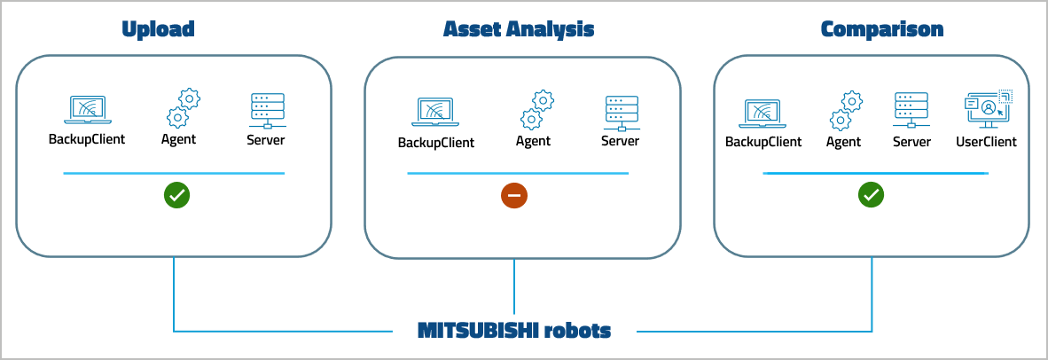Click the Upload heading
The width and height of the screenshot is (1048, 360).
pos(158,29)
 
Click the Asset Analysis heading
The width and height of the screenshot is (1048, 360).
pos(519,29)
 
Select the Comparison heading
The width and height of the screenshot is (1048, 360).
pos(882,29)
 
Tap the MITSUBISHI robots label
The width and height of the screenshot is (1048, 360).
pos(514,331)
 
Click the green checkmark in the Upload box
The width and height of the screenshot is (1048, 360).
pos(176,196)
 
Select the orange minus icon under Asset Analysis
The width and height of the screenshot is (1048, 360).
pos(514,196)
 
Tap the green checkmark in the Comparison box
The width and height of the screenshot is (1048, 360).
pos(871,196)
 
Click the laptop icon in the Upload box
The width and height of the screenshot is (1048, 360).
pos(87,111)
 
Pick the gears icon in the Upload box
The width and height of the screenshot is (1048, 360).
pos(183,108)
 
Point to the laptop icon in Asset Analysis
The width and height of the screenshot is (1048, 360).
pos(435,113)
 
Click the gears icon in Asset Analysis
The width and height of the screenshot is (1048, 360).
pos(536,110)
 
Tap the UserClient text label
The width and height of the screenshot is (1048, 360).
pos(986,142)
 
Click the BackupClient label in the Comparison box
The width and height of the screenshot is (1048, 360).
pos(763,142)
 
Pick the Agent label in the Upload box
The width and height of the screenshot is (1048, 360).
pos(178,139)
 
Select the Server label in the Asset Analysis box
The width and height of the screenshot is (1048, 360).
pos(620,141)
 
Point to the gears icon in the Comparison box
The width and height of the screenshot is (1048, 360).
pos(846,110)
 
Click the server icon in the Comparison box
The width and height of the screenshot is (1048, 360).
pos(911,111)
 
